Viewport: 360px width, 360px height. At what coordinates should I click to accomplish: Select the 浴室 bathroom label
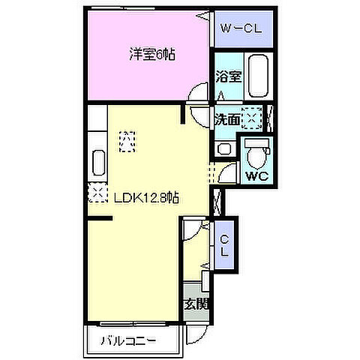coord(226,76)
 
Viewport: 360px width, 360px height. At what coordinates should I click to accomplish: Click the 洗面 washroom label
coord(226,118)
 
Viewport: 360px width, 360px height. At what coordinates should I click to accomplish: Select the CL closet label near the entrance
coord(224,244)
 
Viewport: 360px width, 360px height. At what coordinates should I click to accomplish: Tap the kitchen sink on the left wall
coord(98,164)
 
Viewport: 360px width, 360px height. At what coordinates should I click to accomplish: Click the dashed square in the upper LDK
coord(127,139)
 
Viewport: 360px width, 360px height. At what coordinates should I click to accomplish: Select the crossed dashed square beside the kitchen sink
coord(97,194)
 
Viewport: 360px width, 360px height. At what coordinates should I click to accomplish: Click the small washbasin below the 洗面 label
coord(222,148)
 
